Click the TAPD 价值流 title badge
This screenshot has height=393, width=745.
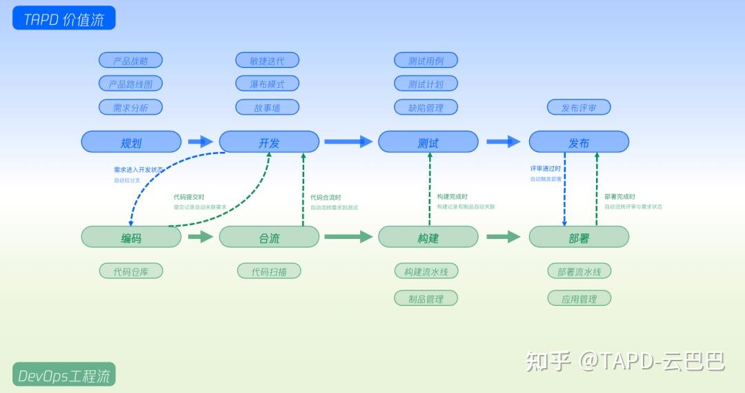tap(63, 19)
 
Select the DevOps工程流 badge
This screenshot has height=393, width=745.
tap(63, 375)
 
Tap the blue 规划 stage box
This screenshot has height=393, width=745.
tap(131, 142)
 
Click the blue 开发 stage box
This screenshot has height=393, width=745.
tap(269, 142)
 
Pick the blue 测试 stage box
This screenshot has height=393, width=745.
tap(428, 142)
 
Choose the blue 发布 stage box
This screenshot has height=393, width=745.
tap(579, 142)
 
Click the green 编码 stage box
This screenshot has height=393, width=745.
tap(131, 237)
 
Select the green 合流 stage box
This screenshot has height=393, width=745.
tap(269, 237)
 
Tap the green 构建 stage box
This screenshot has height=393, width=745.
tap(428, 237)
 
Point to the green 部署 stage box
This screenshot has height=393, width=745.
tap(579, 237)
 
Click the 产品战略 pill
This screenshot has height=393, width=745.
tap(130, 61)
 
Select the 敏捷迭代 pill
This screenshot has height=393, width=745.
tap(267, 61)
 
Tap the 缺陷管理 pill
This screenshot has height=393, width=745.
tap(426, 108)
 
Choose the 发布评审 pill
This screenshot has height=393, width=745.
tap(579, 108)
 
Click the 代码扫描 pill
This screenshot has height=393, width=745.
tap(269, 271)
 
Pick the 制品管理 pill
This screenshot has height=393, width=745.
tap(426, 298)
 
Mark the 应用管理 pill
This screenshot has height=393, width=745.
tap(579, 298)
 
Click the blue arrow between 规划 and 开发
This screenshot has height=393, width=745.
tap(201, 142)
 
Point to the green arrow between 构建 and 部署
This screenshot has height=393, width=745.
tap(503, 237)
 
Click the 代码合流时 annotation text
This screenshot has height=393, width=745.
tap(326, 198)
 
